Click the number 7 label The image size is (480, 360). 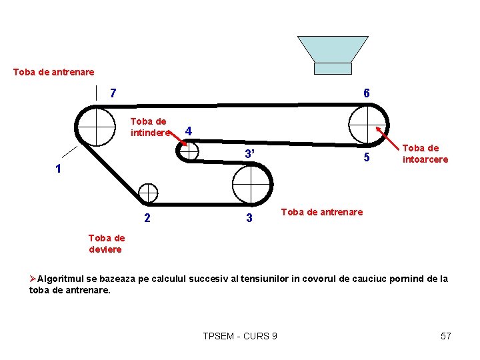(x=113, y=93)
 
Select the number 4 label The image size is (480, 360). (x=189, y=131)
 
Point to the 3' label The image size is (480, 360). (x=249, y=155)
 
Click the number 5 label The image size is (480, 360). (x=366, y=159)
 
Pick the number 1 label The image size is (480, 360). (x=59, y=169)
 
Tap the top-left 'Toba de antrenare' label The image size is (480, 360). (x=54, y=71)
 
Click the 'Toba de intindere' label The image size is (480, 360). (x=149, y=127)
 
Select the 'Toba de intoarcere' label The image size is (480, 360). (x=425, y=154)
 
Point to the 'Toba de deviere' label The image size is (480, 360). (x=106, y=243)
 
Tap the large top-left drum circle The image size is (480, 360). (x=96, y=126)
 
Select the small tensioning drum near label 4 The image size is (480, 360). (x=189, y=151)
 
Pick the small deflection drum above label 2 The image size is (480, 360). (x=148, y=193)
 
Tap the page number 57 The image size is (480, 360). (x=446, y=336)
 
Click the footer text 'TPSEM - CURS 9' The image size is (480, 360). (x=240, y=336)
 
